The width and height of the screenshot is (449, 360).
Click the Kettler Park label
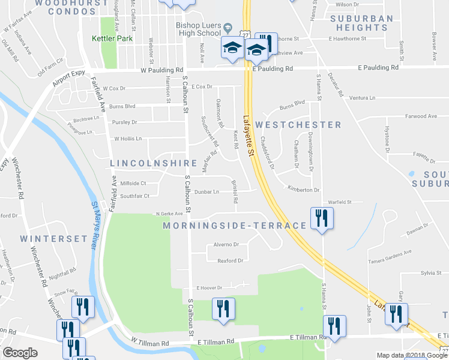click(x=111, y=38)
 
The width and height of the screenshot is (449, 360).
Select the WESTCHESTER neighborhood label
click(x=298, y=125)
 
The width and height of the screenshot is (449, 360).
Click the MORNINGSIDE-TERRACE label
click(x=235, y=226)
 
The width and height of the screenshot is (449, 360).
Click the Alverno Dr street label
click(x=228, y=245)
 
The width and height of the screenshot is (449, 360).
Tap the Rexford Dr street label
click(x=230, y=260)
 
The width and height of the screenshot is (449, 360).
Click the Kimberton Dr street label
click(x=304, y=190)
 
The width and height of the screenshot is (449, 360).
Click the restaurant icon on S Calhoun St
click(x=224, y=309)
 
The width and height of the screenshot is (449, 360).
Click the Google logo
click(x=20, y=353)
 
